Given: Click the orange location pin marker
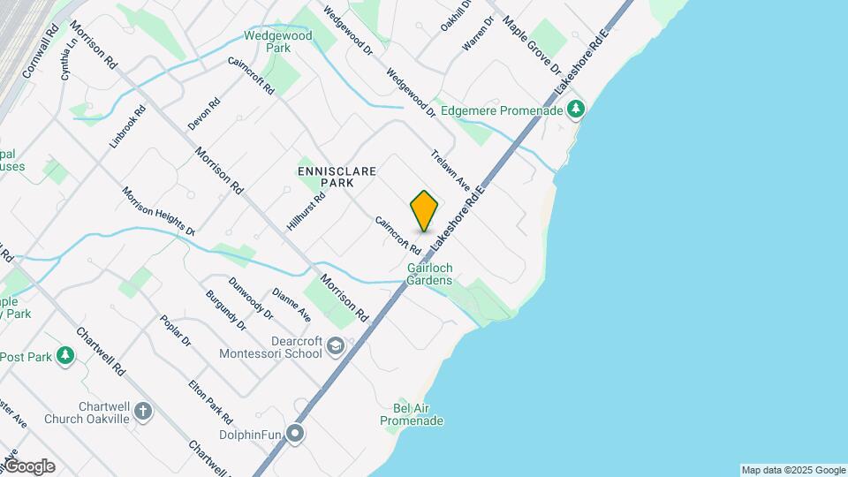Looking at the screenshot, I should pos(424,210).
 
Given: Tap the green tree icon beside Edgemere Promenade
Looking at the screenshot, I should pos(576,110).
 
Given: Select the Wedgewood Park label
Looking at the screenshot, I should pos(278,42).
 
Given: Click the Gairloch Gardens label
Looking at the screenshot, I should pos(429,274).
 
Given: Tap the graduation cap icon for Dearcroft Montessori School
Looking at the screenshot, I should pos(335,345).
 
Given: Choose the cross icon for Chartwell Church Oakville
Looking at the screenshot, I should pos(143,411).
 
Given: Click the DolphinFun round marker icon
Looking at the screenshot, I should pos(295,433).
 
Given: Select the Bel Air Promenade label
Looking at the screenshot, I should pos(412,414).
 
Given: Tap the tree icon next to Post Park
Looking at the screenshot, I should pos(65,356).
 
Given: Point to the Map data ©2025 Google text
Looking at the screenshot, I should pos(793,470).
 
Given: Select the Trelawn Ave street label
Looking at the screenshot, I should pos(450,170).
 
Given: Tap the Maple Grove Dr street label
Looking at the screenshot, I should pos(532,42).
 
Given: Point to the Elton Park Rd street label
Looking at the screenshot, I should pos(210,401).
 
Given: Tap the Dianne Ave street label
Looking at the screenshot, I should pos(291,304).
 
